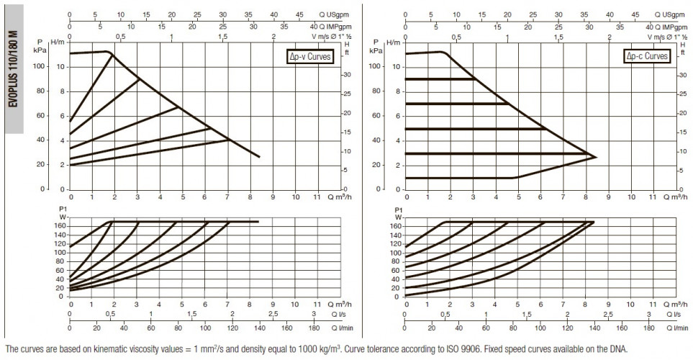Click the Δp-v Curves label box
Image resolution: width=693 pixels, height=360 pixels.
coord(309,56)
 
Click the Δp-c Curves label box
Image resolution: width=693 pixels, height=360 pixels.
coord(647,55)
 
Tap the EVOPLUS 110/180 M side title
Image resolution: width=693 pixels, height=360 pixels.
coord(14,69)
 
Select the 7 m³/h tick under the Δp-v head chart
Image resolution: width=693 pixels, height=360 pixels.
coord(227,197)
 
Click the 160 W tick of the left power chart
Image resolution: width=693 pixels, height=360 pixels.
coord(60,226)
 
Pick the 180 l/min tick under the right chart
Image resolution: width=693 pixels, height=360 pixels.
coord(648,328)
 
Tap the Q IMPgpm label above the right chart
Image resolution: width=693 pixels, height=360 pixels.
coord(669,27)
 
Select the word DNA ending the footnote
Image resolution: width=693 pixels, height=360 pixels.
coord(619,349)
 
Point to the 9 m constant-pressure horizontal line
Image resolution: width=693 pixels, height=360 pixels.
coord(440,79)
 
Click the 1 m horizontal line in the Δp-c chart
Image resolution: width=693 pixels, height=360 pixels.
coord(460,178)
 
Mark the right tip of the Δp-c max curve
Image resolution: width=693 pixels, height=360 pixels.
coord(597,157)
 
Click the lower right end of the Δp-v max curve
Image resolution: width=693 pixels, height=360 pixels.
coord(259,156)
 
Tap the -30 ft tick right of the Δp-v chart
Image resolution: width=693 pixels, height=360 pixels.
coord(346,75)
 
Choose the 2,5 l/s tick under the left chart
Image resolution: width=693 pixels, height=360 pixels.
coord(273,314)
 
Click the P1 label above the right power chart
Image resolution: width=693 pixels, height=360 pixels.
coord(399,210)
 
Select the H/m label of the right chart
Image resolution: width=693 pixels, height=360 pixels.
coord(393,42)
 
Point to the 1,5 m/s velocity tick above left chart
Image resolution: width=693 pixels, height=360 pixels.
coord(223,36)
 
